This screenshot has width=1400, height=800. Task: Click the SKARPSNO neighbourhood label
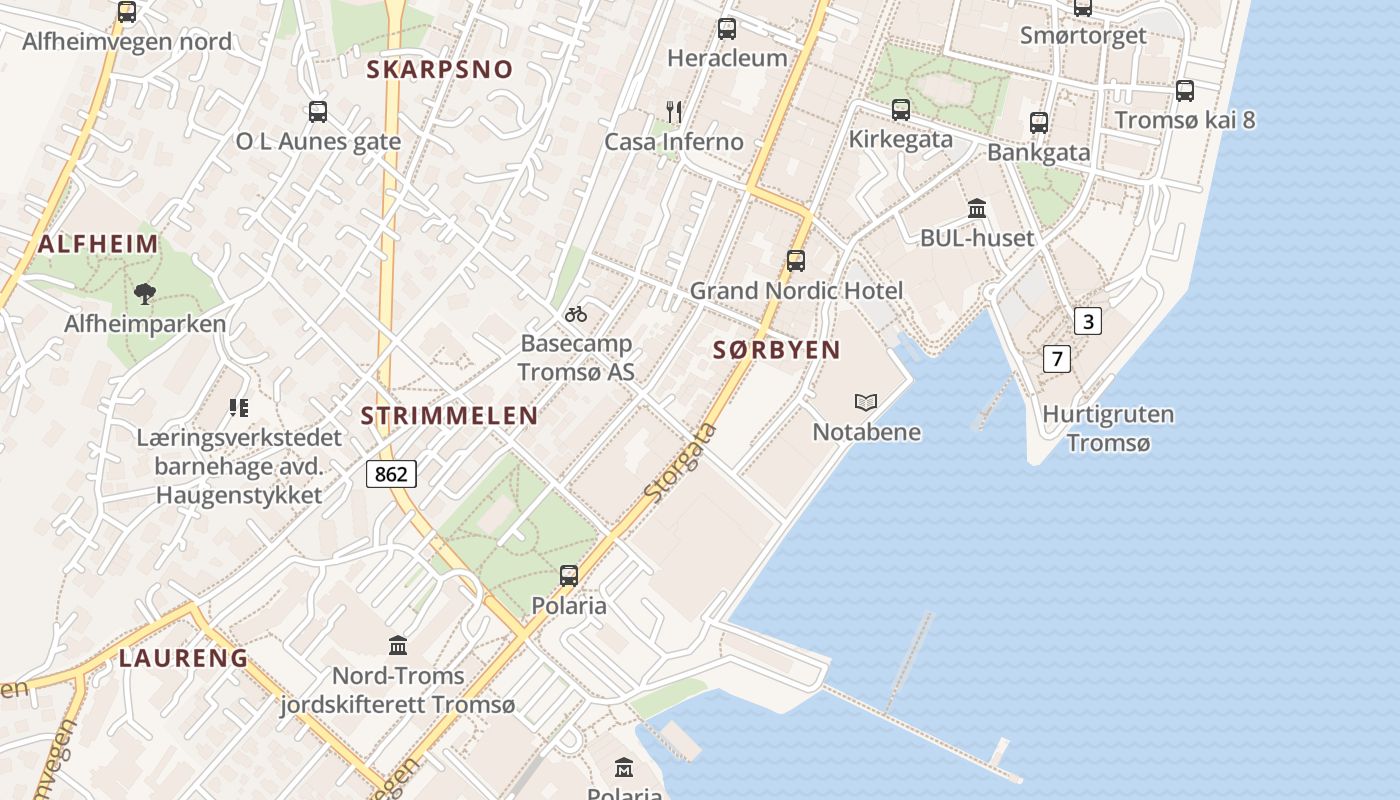tap(439, 70)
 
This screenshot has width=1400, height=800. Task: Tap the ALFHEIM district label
tap(98, 244)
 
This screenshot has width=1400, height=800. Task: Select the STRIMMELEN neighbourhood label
tap(449, 416)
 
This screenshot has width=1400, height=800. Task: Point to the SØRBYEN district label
tap(777, 350)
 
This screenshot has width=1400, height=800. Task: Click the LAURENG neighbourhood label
tap(183, 658)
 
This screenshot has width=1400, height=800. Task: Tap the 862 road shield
tap(390, 474)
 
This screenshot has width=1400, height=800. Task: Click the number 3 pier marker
tap(1088, 321)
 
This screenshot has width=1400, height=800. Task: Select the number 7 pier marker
tap(1056, 358)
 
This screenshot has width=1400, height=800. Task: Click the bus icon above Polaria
tap(569, 575)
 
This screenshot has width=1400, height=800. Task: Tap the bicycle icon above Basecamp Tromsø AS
tap(576, 314)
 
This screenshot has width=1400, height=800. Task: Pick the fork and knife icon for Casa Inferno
tap(674, 111)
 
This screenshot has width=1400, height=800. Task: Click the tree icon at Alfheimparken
tap(145, 293)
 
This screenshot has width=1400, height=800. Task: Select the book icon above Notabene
tap(866, 402)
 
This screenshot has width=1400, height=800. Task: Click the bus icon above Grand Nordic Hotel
tap(796, 261)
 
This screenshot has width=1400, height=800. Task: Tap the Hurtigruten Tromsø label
tap(1108, 428)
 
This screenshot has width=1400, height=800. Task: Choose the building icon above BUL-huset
tap(977, 209)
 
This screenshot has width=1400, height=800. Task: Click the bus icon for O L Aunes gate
tap(318, 112)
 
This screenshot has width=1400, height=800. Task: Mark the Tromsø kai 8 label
tap(1185, 121)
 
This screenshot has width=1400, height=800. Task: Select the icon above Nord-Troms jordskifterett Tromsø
tap(398, 645)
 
